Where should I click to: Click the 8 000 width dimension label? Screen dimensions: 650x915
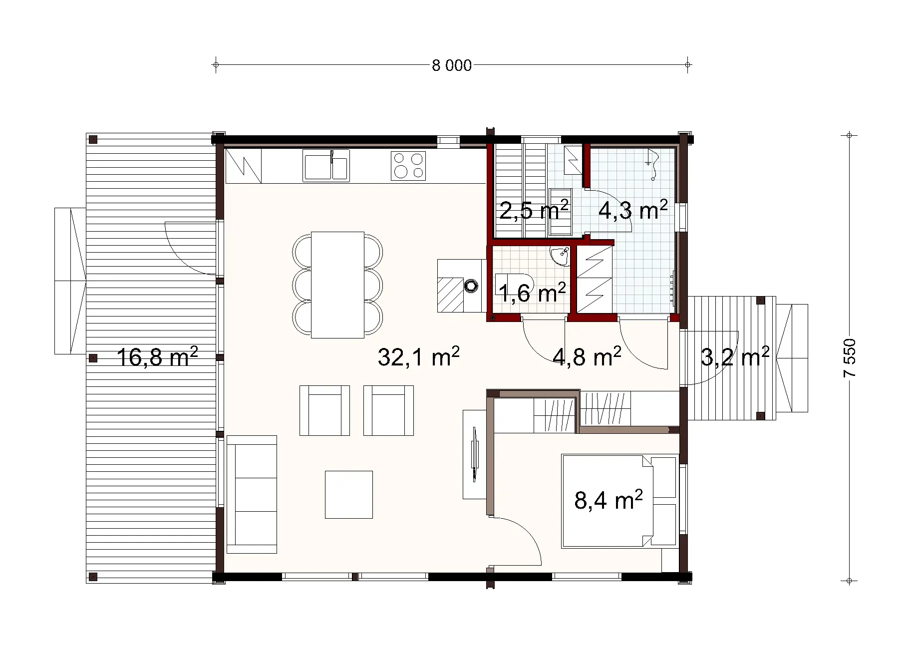point(452,66)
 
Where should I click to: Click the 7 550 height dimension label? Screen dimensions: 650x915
point(850,358)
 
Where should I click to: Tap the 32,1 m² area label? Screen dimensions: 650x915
point(418,357)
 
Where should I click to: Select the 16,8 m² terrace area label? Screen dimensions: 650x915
point(157,357)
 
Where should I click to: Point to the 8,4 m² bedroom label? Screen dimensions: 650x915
point(608,500)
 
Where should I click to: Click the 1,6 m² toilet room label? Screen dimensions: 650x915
point(532,293)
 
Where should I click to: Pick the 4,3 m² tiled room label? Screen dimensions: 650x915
point(632,210)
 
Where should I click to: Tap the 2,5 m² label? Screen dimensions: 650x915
point(534,210)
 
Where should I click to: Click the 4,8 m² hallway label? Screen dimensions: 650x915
point(587,357)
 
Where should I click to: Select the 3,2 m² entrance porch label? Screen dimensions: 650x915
point(734,357)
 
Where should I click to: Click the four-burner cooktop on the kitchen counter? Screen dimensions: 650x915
point(408,166)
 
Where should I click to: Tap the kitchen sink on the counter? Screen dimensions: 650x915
point(325,166)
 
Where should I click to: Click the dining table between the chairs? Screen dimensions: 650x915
point(337,285)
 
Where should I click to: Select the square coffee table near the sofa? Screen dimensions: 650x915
point(349,494)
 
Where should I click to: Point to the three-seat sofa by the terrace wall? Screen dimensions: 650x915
point(252,494)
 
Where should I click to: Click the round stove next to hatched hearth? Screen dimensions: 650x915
point(471,286)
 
